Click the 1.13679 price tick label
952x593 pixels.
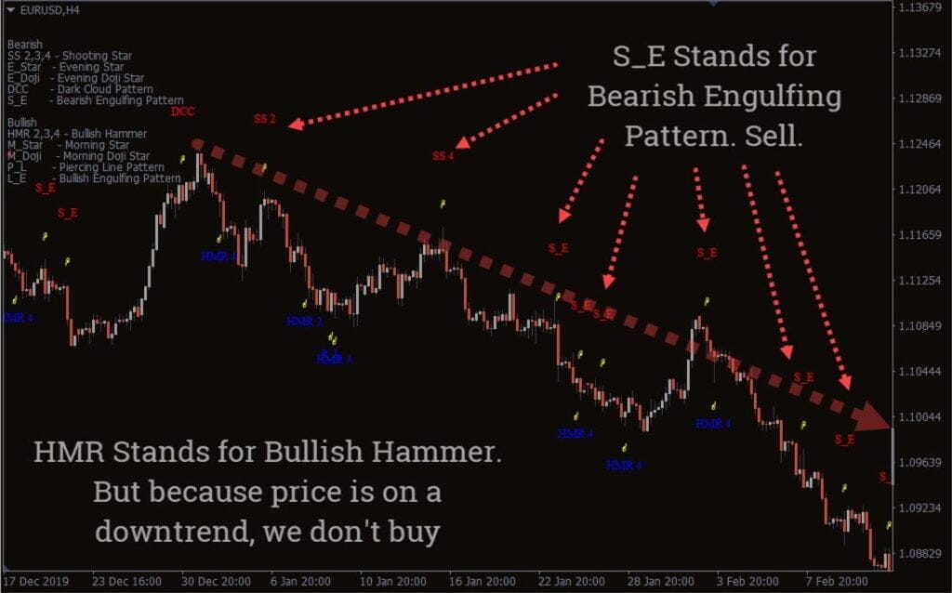pyautogui.click(x=921, y=7)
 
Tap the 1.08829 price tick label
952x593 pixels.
pyautogui.click(x=921, y=553)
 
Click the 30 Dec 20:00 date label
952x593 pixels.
pyautogui.click(x=216, y=581)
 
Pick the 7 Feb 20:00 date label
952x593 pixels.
pyautogui.click(x=836, y=581)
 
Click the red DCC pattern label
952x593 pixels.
pyautogui.click(x=182, y=112)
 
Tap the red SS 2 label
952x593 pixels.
pyautogui.click(x=264, y=119)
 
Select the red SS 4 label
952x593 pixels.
pyautogui.click(x=443, y=156)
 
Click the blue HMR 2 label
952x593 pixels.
pyautogui.click(x=304, y=322)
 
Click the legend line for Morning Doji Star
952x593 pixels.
pyautogui.click(x=78, y=156)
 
